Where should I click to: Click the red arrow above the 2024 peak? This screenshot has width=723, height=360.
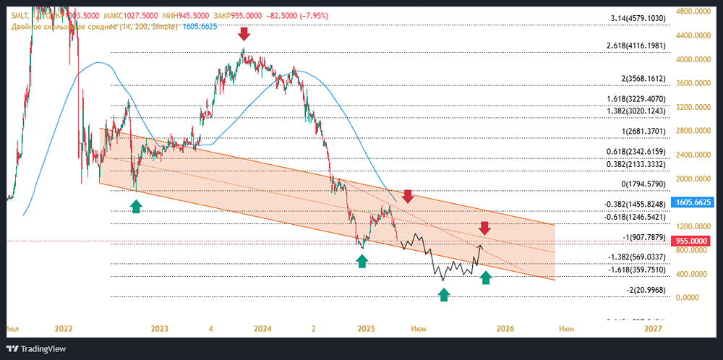click(244, 34)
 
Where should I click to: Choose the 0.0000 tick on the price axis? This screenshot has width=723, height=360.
click(689, 297)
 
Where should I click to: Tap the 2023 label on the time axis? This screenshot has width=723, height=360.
click(160, 329)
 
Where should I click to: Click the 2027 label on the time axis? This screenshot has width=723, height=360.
click(653, 329)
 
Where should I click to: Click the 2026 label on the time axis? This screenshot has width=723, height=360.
click(505, 329)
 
